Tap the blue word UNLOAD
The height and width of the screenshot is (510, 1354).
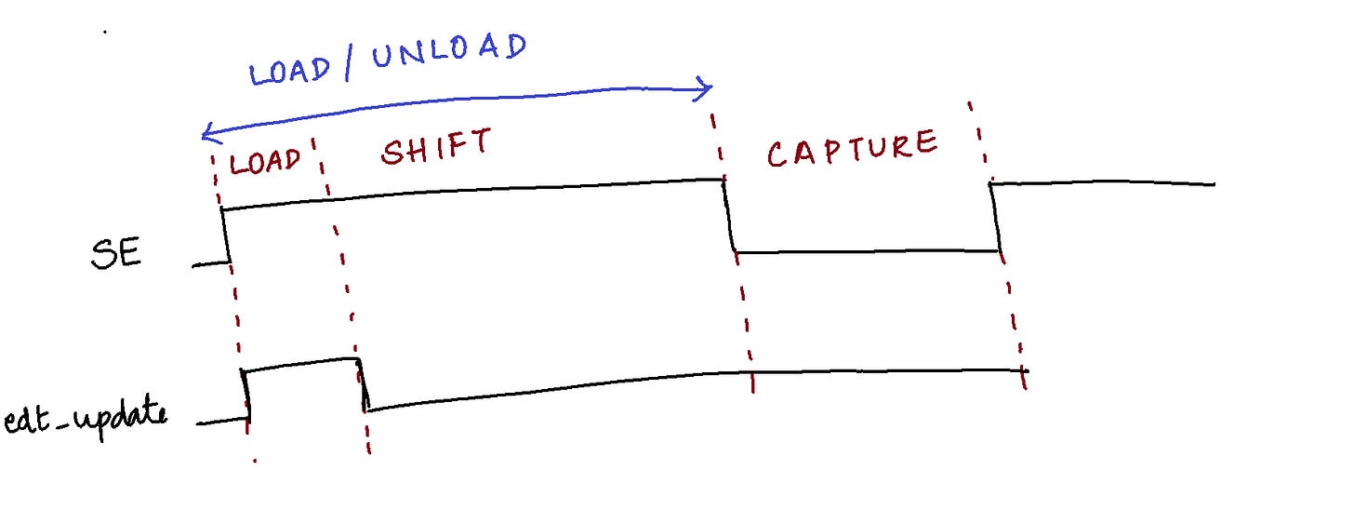[x=448, y=52]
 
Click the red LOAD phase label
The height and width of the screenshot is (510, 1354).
[x=266, y=162]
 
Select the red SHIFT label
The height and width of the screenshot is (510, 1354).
[x=436, y=147]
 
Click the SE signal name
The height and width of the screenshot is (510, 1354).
[x=116, y=254]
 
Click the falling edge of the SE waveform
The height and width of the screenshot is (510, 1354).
[x=728, y=216]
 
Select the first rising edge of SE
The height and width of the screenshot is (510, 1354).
[x=225, y=237]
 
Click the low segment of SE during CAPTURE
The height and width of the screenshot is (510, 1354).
[x=865, y=251]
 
